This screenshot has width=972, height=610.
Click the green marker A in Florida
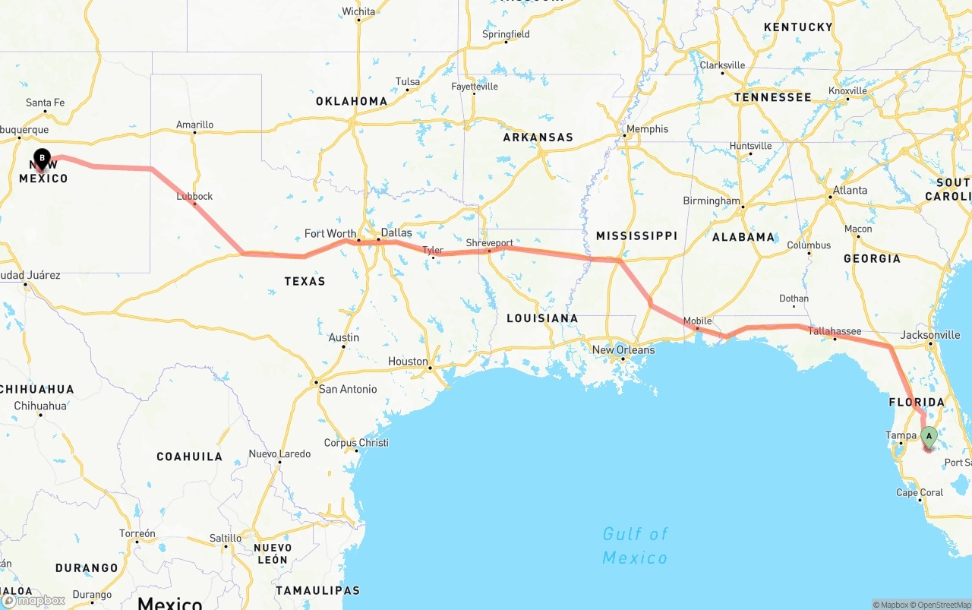928,436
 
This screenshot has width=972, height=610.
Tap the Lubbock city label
194,196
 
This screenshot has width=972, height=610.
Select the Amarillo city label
194,125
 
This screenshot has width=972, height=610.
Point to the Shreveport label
489,243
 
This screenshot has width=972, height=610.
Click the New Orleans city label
623,350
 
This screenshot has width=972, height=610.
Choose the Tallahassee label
834,331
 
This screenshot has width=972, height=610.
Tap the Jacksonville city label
929,335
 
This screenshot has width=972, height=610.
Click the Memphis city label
647,129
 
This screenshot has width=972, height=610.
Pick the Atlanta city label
850,191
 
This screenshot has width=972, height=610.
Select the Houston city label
408,362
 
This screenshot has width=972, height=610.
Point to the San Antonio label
347,389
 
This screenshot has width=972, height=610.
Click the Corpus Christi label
356,443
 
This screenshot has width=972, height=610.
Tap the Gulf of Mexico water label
635,545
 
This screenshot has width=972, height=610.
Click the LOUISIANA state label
542,318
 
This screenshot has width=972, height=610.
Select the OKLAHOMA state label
352,101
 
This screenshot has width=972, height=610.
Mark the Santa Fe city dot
46,112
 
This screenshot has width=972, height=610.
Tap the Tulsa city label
407,82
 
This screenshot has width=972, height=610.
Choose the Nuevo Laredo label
279,454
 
